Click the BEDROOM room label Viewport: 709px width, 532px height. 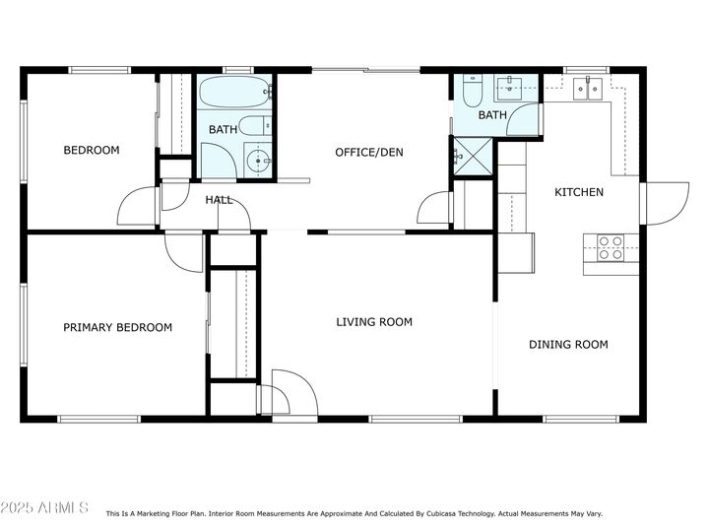point(92,151)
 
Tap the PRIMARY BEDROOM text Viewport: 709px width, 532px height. point(118,328)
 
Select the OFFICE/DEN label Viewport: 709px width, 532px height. point(369,153)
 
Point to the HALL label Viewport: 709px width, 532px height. point(219,200)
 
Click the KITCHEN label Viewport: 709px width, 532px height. point(579,192)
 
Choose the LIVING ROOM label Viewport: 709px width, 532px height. point(374,322)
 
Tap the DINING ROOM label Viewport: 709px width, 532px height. point(568,345)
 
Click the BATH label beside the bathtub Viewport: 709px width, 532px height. point(223,130)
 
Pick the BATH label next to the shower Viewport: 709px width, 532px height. point(492,115)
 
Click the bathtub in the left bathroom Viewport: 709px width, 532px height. point(235,95)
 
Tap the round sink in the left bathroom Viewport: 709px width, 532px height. point(259,159)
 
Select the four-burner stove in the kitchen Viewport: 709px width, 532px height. point(611,247)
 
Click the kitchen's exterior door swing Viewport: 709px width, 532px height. point(666,204)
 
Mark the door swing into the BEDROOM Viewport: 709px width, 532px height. point(138,208)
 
